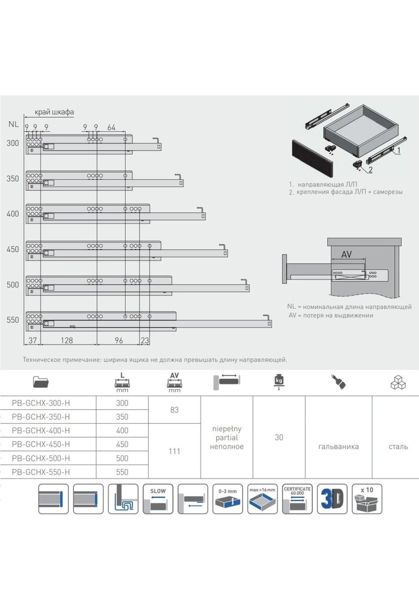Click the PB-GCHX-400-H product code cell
[x=41, y=430]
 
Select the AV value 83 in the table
[x=174, y=410]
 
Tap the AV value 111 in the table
[x=174, y=451]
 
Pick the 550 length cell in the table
[x=122, y=472]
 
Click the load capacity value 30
[x=279, y=437]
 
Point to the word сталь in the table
[x=398, y=447]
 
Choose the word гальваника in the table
[x=338, y=447]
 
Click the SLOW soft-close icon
[x=158, y=499]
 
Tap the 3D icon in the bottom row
[x=332, y=499]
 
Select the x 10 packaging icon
[x=367, y=499]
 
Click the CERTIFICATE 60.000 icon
[x=297, y=499]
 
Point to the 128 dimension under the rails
[x=67, y=340]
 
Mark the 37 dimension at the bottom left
[x=32, y=340]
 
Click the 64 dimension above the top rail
[x=111, y=128]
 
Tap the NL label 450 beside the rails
[x=13, y=249]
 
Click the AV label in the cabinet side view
[x=346, y=255]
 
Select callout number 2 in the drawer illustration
[x=370, y=170]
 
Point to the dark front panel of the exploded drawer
[x=313, y=158]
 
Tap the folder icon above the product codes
[x=41, y=382]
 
